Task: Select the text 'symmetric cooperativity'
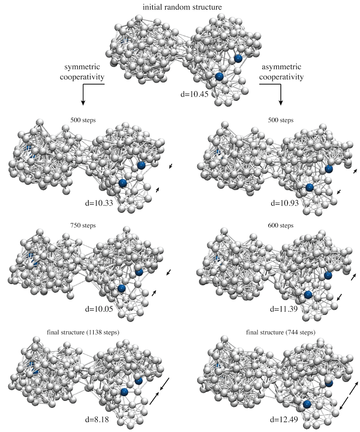[x=84, y=72]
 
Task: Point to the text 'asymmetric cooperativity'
[x=282, y=72]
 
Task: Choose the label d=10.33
[x=100, y=203]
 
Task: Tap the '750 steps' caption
[x=83, y=226]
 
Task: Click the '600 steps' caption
[x=281, y=226]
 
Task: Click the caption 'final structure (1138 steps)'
[x=83, y=332]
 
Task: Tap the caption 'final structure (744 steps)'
[x=281, y=332]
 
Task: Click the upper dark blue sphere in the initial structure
[x=238, y=58]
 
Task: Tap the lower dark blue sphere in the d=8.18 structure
[x=124, y=392]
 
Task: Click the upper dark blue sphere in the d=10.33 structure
[x=141, y=165]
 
